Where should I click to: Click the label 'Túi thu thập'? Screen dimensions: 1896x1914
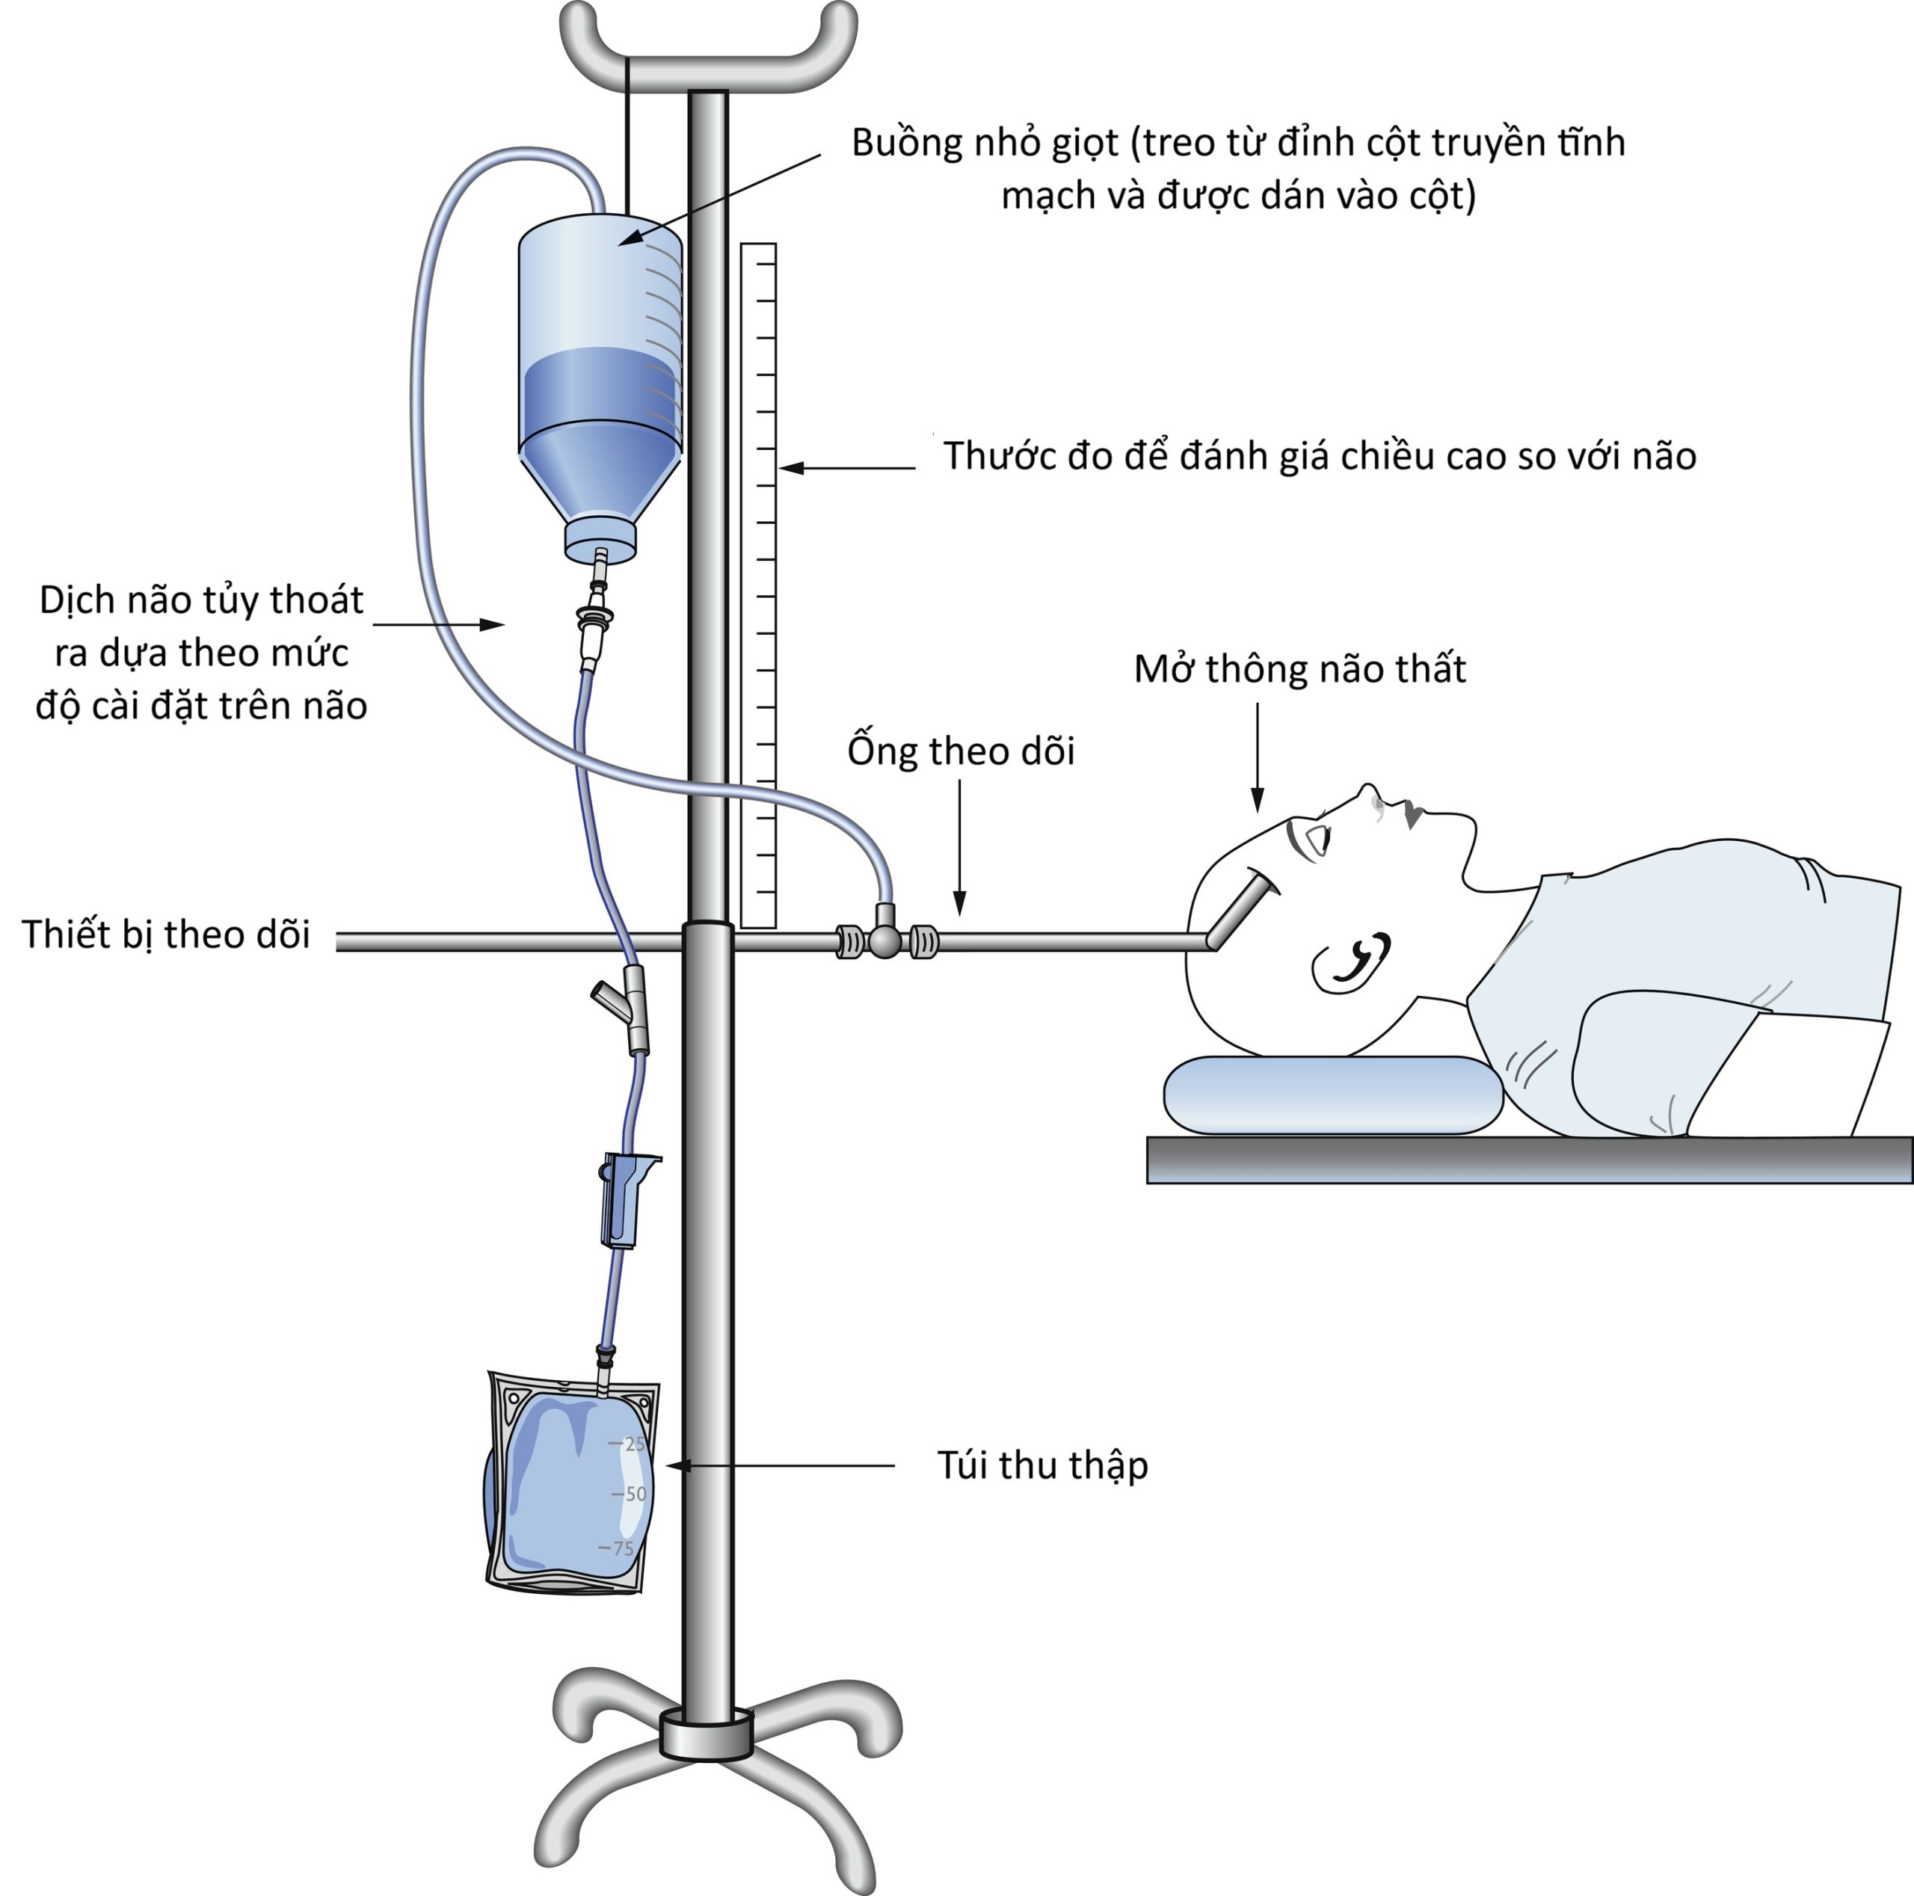pyautogui.click(x=1042, y=1465)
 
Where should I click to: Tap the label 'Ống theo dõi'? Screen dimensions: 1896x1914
pyautogui.click(x=960, y=751)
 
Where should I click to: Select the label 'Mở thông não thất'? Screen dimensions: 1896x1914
pyautogui.click(x=1299, y=670)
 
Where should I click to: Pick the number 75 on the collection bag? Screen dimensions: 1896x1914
pyautogui.click(x=622, y=1548)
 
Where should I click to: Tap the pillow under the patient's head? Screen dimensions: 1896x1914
pyautogui.click(x=1332, y=1095)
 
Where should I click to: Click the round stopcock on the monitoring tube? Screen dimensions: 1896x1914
pyautogui.click(x=884, y=941)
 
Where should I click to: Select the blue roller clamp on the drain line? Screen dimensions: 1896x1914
pyautogui.click(x=621, y=1198)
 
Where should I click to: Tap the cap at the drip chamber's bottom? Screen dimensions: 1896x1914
pyautogui.click(x=600, y=540)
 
